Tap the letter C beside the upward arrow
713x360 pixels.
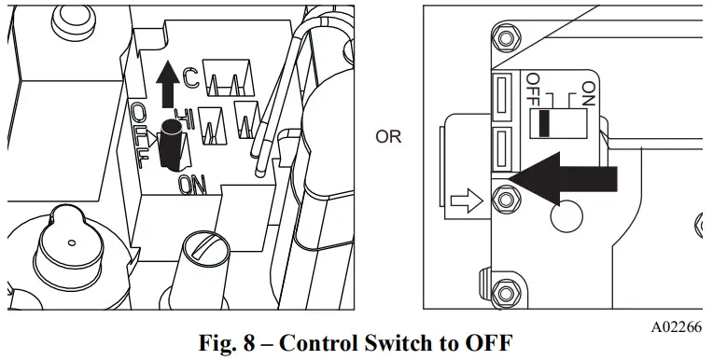(191, 79)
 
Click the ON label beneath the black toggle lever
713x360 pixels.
(192, 186)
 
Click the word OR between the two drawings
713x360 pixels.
(388, 137)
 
